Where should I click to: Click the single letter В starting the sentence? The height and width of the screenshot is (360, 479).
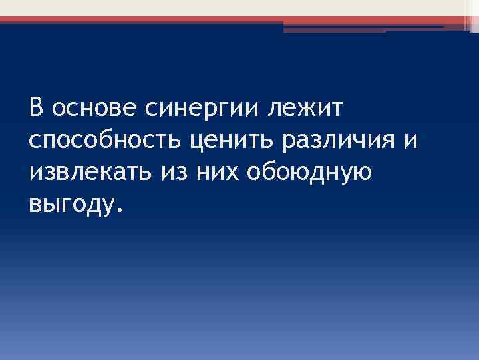[x=36, y=107]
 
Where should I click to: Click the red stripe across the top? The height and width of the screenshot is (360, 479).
[x=200, y=20]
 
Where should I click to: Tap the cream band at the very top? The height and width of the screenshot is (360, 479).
[x=200, y=7]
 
